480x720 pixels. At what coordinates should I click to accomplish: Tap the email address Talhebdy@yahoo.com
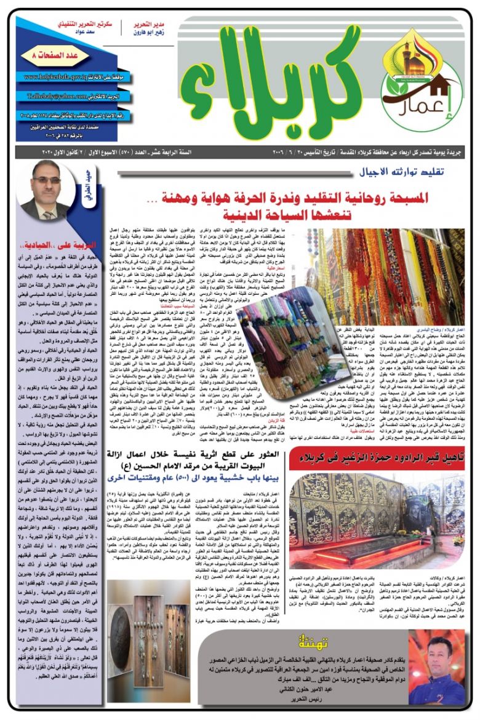pos(55,97)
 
